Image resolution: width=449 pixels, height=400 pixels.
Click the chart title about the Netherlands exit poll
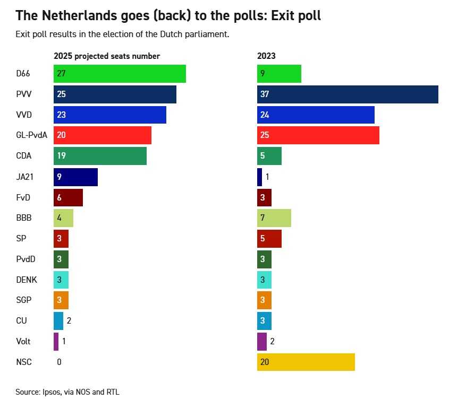click(168, 15)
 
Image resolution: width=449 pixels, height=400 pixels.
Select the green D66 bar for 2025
click(120, 74)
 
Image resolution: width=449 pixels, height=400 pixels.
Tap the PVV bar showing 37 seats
click(348, 94)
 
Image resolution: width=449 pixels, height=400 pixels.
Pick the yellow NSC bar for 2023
click(306, 362)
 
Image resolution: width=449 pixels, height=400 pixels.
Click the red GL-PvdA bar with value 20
click(103, 135)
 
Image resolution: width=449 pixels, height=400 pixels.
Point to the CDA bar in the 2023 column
click(269, 156)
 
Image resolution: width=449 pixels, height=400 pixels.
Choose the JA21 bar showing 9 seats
click(75, 177)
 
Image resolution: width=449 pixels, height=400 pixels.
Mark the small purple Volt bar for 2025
click(56, 341)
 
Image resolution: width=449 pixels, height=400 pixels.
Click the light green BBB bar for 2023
click(274, 218)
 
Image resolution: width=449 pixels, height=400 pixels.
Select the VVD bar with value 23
click(110, 115)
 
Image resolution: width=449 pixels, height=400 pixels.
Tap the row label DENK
click(27, 280)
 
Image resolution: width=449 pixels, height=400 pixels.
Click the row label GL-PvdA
click(32, 135)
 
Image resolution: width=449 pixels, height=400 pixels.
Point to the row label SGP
click(24, 300)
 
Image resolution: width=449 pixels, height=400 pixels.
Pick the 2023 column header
click(266, 56)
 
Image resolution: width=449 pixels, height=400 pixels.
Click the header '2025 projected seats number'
click(107, 56)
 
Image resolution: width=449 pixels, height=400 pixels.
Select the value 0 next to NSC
click(59, 362)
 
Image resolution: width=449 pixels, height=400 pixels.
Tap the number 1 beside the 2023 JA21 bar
click(268, 177)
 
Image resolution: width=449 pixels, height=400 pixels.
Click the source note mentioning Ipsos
click(67, 392)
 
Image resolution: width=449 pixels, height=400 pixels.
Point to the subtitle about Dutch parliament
click(122, 34)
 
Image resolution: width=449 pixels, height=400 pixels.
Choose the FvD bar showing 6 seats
click(68, 197)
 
